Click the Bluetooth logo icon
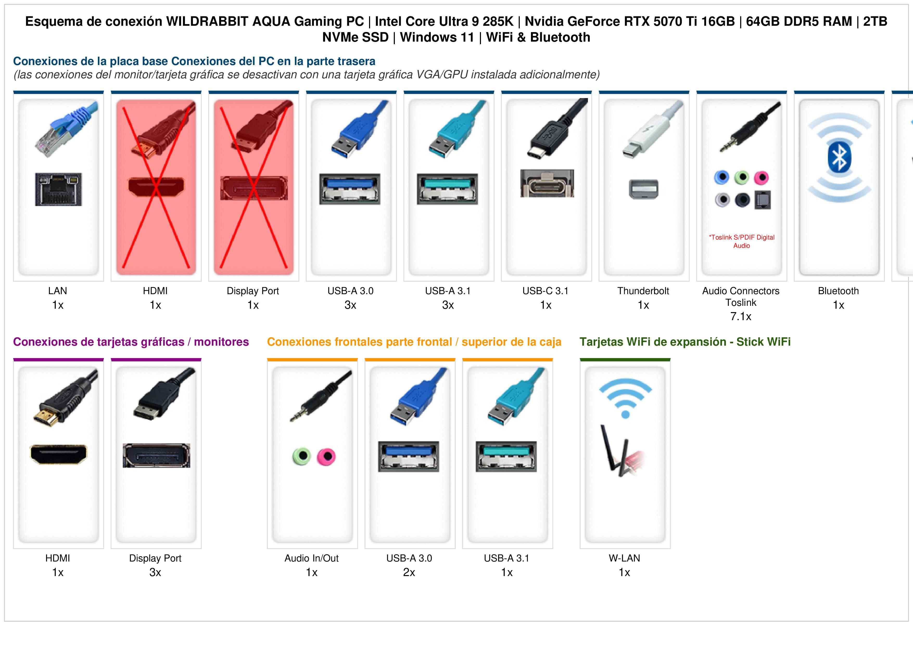(x=839, y=157)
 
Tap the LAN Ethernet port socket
(x=59, y=189)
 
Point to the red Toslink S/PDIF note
(x=741, y=241)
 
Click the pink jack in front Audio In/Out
(x=326, y=457)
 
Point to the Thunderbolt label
(x=643, y=291)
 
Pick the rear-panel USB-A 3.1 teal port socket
(x=447, y=189)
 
